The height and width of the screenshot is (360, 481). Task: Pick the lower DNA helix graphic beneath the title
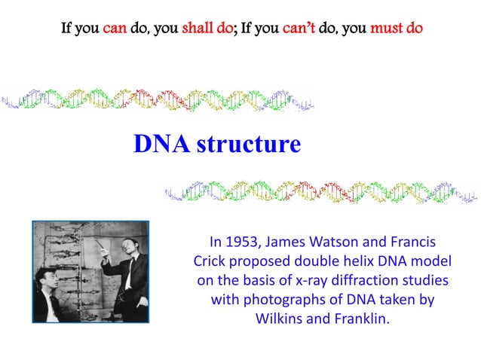[320, 193]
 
